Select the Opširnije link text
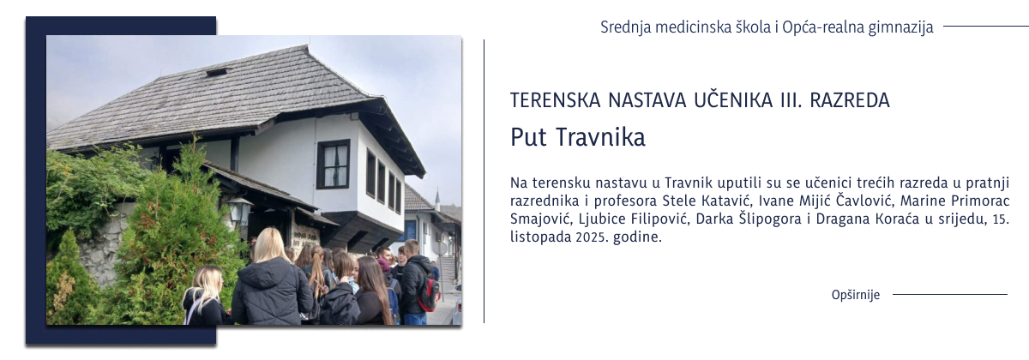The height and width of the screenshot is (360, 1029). click(856, 295)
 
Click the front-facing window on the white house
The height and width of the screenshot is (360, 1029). click(334, 164)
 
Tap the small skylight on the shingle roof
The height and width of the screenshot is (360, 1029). click(217, 73)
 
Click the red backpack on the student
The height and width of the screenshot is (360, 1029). click(429, 293)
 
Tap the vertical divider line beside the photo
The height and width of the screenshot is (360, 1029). click(484, 180)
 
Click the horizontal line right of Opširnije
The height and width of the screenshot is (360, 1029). click(949, 295)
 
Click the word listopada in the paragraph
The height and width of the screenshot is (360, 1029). click(538, 237)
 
